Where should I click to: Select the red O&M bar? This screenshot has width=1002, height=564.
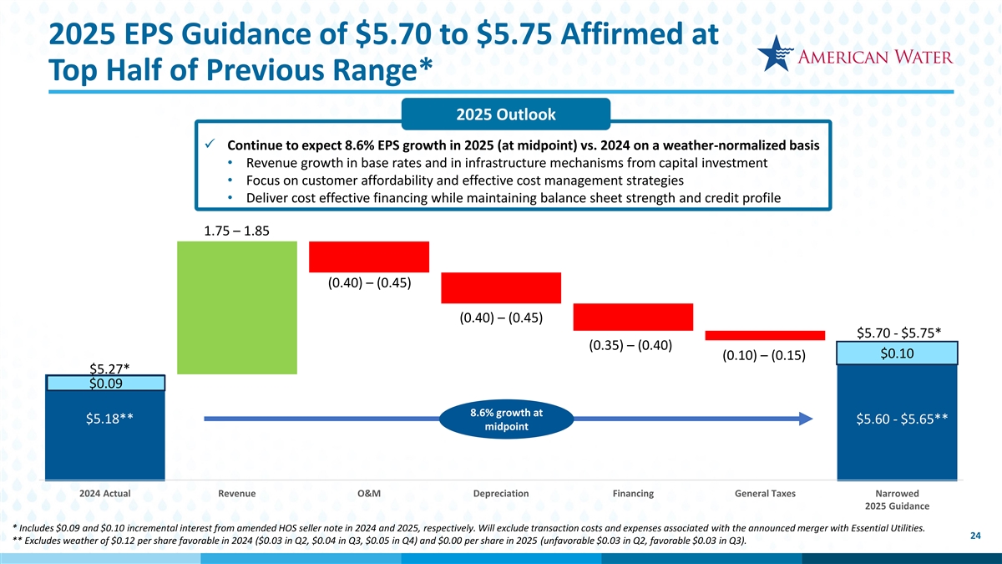pos(369,257)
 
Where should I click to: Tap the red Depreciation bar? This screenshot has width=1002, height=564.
pos(501,287)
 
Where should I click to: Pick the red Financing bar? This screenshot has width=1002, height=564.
pos(633,317)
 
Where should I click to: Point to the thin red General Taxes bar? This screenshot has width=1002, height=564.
pos(765,335)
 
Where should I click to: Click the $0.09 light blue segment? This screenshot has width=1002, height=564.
pos(106,384)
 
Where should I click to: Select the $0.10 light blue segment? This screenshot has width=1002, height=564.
pos(898,353)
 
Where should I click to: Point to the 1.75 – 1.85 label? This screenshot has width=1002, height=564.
pos(236,231)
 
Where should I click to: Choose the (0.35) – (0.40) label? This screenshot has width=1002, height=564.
pos(632,345)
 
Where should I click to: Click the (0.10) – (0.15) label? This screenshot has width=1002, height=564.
pos(764,356)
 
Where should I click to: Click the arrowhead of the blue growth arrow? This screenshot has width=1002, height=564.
pos(806,419)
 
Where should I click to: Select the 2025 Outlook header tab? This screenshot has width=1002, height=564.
pos(506,114)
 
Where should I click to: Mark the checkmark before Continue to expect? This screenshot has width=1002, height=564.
pos(211,145)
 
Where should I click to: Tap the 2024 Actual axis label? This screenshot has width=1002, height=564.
pos(105,494)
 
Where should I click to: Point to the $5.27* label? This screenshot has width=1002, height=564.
pos(109,368)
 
